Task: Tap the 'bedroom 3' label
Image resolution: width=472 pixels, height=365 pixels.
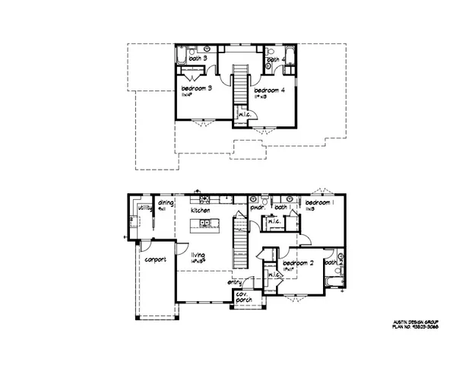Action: coord(196,89)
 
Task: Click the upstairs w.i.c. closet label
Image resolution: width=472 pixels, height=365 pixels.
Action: coord(245,115)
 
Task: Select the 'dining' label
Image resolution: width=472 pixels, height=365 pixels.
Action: coord(166,204)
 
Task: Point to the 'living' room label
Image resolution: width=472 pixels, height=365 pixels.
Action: coord(199,256)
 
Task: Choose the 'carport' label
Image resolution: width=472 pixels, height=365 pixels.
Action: coord(155,259)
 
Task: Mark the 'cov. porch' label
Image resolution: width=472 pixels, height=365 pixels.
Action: coord(243,299)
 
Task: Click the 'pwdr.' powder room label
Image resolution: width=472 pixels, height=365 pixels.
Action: coord(256,207)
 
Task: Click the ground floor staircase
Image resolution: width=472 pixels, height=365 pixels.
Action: coord(240,240)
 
